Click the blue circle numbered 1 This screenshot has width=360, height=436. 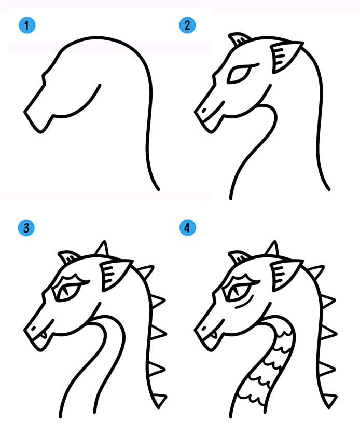click(27, 25)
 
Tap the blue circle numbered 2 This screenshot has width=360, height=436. click(187, 25)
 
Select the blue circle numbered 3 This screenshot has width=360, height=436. click(26, 228)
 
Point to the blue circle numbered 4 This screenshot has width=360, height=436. click(187, 227)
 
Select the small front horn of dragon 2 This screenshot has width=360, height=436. click(239, 39)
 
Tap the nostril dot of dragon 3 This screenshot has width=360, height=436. click(34, 329)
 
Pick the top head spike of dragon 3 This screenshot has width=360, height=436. click(102, 248)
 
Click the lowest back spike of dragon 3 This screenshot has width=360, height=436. click(160, 400)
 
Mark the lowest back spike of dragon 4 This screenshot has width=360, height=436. click(330, 400)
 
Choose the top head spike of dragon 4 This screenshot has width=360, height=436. click(272, 248)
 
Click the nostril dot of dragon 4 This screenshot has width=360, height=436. click(204, 329)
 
